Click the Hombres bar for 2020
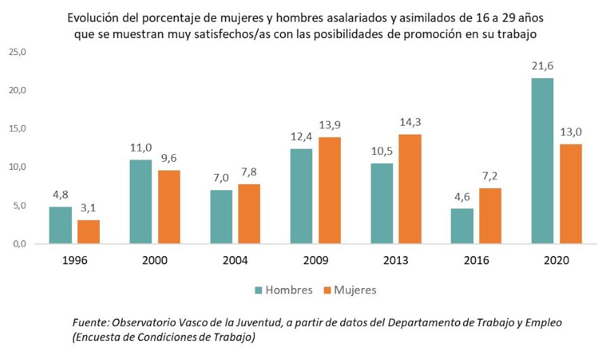tap(542, 161)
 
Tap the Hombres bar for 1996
tap(60, 225)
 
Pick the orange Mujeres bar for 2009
tap(329, 190)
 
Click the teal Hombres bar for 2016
tap(462, 226)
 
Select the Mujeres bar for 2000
tap(168, 206)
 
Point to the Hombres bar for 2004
tap(221, 217)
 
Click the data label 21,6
tap(542, 66)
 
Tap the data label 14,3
tap(409, 122)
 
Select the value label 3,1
tap(89, 208)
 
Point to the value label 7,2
tap(490, 176)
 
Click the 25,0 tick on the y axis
tap(16, 52)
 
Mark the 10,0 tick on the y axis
tap(16, 167)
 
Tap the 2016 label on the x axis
tap(476, 261)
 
